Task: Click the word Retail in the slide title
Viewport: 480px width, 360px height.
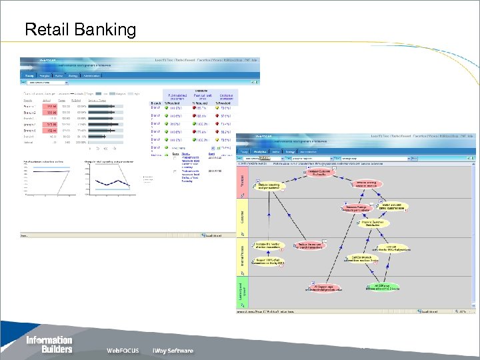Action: coord(46,30)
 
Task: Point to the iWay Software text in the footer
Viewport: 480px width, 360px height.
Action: coord(173,351)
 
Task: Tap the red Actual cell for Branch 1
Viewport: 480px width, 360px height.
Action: coord(51,106)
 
